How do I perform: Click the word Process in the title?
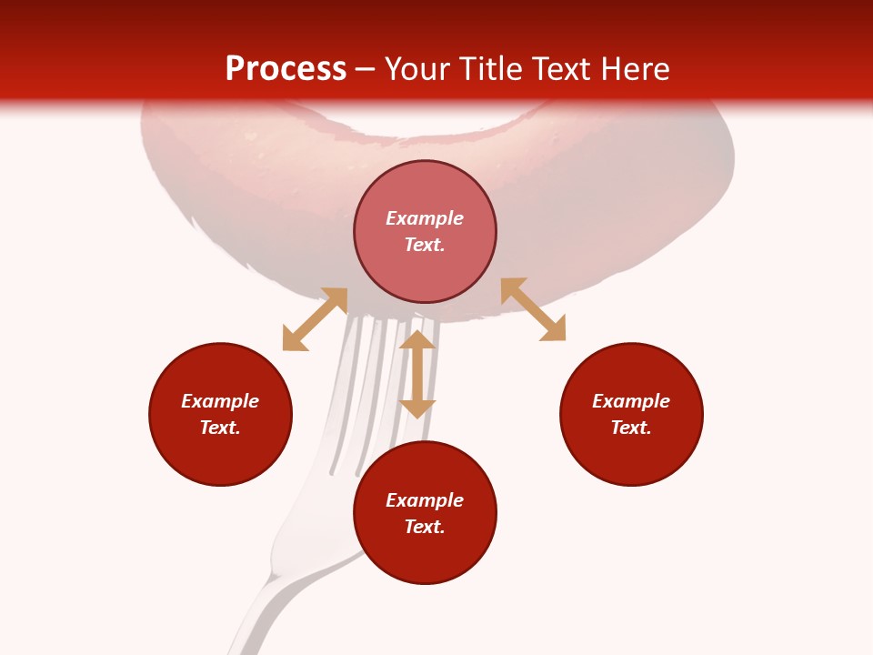286,69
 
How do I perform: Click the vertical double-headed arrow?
417,374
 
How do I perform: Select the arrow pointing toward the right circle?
533,309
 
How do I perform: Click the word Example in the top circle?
425,218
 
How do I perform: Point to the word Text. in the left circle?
220,428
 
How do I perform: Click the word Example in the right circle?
631,401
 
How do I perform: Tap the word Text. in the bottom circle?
425,527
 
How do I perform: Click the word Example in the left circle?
220,401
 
